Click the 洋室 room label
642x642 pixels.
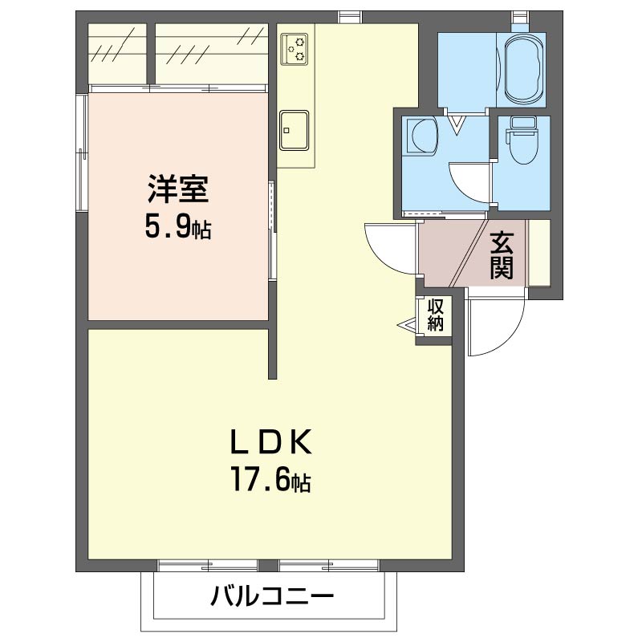pos(178,189)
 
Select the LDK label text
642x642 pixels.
pos(271,442)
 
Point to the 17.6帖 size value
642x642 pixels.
pos(271,479)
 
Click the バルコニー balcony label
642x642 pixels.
pos(272,595)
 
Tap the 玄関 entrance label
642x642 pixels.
pos(502,254)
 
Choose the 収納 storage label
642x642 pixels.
pos(436,315)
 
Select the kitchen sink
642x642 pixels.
pos(294,130)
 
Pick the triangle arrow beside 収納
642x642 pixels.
pos(408,326)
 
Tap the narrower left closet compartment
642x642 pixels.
pos(117,54)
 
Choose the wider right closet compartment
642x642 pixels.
pos(212,54)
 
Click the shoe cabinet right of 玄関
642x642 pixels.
pos(539,253)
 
